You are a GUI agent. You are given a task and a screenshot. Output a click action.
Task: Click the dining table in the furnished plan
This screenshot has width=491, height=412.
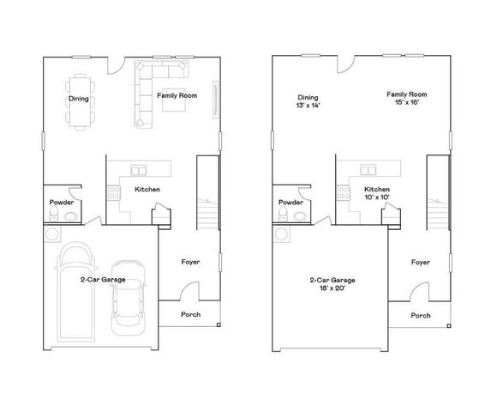pos(83,99)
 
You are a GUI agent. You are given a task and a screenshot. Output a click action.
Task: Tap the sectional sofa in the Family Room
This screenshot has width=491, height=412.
pos(144,94)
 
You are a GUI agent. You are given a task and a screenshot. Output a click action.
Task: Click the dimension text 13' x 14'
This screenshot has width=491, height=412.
pos(308,106)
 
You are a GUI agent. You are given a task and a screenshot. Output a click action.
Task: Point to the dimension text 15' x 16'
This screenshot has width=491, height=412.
pos(406,103)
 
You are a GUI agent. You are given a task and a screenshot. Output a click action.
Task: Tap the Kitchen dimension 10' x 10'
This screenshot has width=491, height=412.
pos(377,197)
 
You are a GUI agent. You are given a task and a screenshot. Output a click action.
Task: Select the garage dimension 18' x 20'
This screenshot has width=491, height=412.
pos(332,289)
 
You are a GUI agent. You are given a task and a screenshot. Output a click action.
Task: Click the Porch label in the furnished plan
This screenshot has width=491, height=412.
pos(191,315)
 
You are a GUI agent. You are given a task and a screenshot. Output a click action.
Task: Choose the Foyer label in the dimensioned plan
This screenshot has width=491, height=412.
pos(420,262)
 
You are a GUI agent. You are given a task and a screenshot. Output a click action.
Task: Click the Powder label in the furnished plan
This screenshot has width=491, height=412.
pos(61,203)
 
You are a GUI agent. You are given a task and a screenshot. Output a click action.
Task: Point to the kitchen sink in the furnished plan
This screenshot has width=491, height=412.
pos(138,169)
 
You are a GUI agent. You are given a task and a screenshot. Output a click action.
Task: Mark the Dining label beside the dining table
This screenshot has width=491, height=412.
pos(78,99)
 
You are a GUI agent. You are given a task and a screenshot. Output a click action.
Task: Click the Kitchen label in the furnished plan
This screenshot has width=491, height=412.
pos(147,189)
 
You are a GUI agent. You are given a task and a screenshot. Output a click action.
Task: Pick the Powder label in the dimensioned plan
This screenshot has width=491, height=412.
pos(290,203)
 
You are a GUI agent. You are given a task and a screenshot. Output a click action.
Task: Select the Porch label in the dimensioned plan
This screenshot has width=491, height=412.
pos(421,315)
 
